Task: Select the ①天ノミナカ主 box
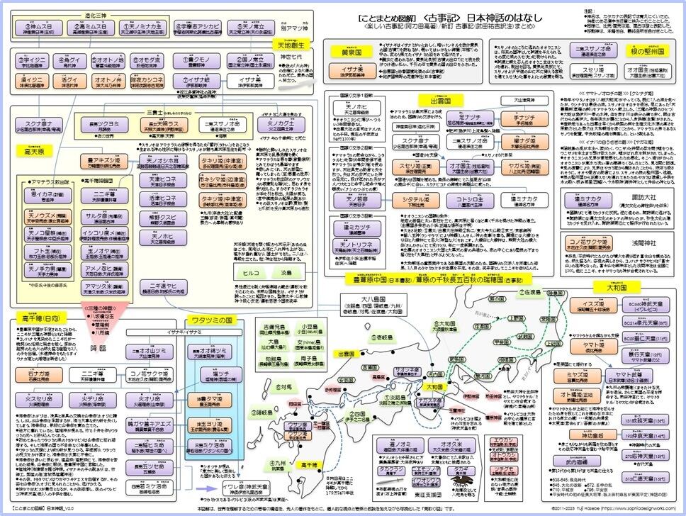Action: click(x=136, y=29)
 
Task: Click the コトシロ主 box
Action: click(x=464, y=202)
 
